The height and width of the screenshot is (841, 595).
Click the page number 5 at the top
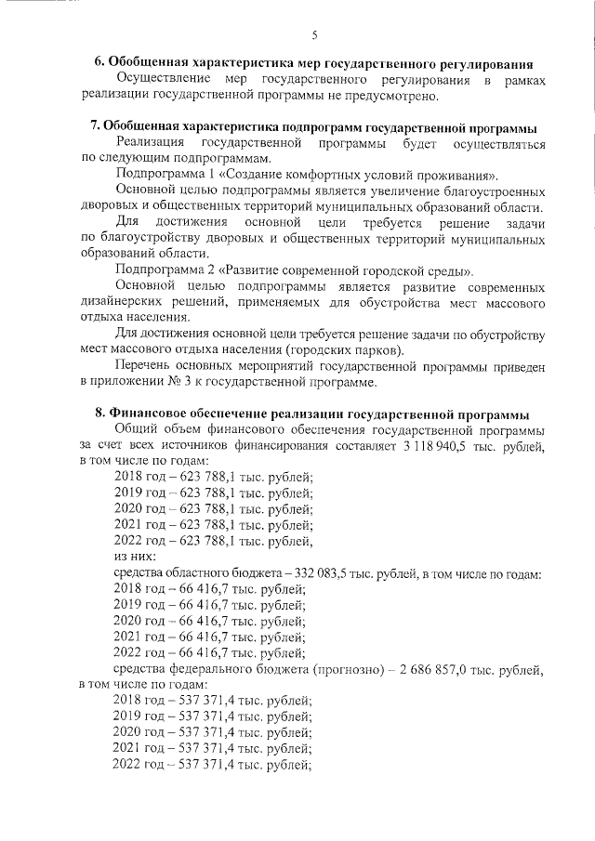tap(314, 35)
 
